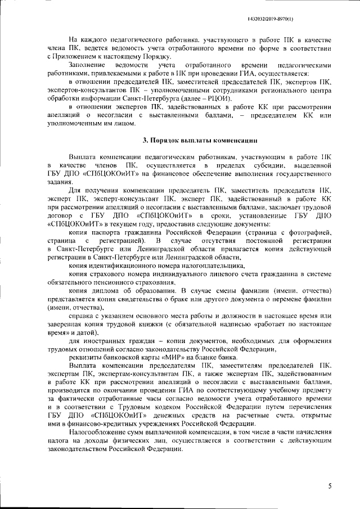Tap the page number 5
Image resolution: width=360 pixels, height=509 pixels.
pos(331,485)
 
